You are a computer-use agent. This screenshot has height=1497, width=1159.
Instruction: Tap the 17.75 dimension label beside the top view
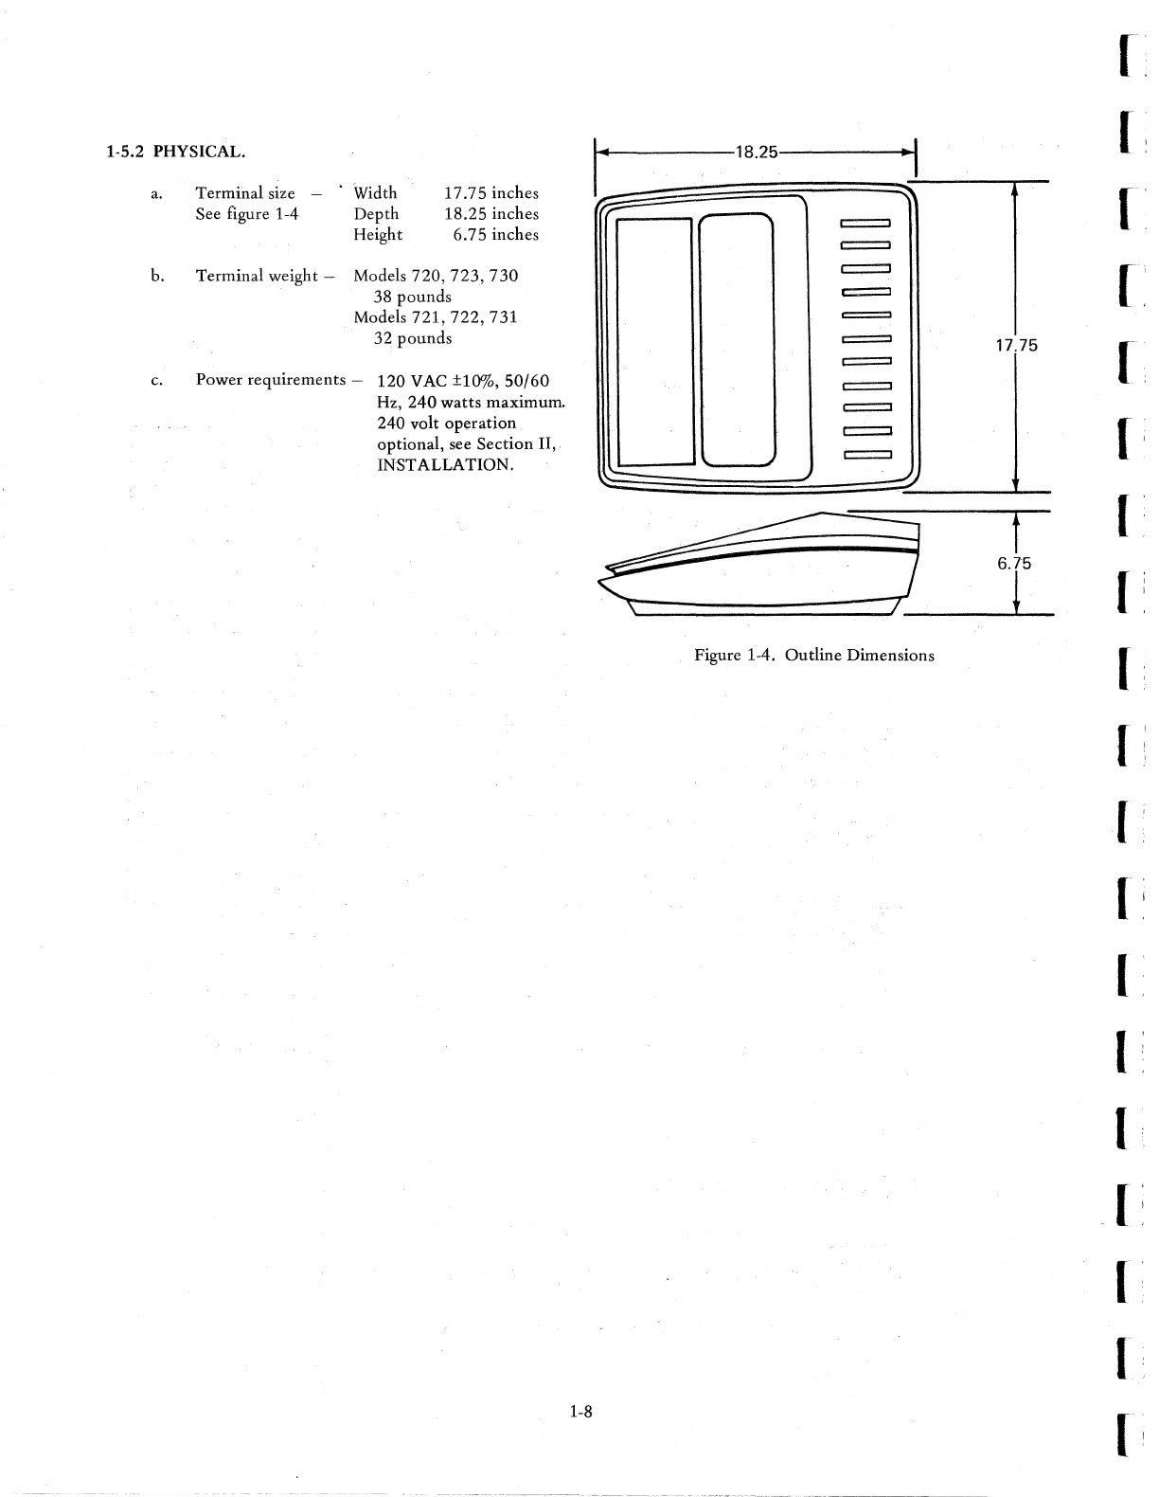1016,346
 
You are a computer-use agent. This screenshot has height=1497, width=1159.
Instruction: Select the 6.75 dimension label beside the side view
1014,564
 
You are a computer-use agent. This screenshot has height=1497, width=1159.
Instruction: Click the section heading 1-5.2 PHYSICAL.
176,152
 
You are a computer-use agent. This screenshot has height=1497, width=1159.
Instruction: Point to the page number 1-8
580,1413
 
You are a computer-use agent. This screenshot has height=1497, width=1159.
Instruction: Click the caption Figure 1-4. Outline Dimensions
813,656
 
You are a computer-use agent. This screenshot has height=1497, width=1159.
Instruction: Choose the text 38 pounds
413,297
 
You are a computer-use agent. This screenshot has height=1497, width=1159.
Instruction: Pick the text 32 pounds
413,338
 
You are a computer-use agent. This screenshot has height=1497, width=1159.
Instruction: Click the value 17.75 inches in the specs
490,193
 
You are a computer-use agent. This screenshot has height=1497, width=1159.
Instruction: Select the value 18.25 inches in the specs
490,214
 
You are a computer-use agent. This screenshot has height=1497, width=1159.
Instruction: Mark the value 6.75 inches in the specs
495,235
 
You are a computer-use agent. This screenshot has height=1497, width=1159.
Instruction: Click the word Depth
376,214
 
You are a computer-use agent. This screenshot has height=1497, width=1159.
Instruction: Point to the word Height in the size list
378,235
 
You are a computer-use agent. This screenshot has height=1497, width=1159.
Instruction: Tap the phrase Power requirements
271,380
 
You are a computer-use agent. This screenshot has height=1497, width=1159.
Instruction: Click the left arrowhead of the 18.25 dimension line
600,152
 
